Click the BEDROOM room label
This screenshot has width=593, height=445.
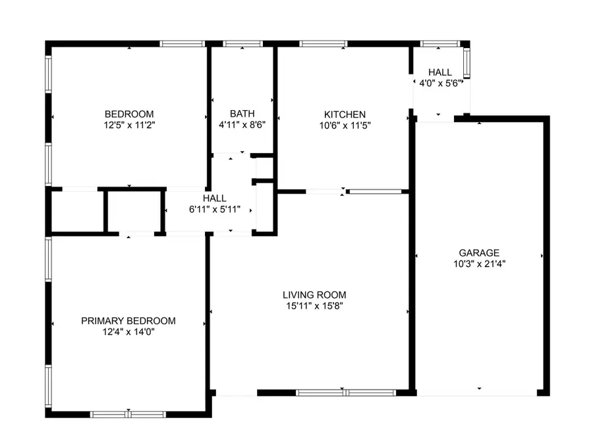coord(128,113)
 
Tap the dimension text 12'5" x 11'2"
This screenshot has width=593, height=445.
coord(128,124)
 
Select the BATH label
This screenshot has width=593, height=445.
coord(242,113)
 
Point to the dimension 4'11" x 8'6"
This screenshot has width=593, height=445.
coord(242,124)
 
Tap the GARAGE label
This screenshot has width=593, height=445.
coord(479,252)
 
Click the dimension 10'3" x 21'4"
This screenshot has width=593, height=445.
coord(479,263)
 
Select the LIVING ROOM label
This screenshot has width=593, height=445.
coord(314,295)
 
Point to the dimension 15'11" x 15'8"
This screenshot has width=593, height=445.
coord(314,305)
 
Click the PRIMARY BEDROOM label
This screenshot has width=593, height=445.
coord(128,321)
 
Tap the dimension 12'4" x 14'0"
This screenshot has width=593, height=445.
coord(128,332)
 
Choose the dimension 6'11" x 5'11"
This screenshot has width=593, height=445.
coord(215,209)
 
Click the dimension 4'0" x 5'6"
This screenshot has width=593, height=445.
coord(440,83)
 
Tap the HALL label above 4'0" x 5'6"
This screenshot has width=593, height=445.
coord(440,73)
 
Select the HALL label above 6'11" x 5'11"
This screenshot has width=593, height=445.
coord(215,198)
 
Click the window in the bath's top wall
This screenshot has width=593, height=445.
coord(242,44)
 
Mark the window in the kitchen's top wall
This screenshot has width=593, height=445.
coord(324,44)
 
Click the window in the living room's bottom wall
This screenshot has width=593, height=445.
coord(345,393)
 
